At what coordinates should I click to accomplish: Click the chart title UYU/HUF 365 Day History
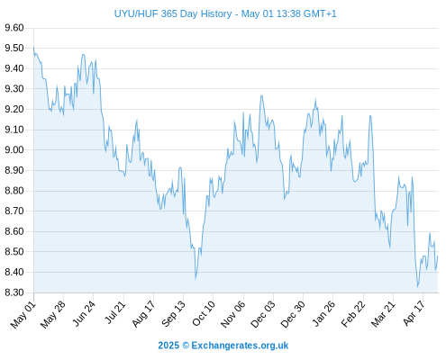point(173,13)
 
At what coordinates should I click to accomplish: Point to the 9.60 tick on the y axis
point(14,28)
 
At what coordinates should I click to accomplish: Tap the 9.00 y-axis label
point(14,150)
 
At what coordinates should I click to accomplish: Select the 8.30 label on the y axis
point(14,292)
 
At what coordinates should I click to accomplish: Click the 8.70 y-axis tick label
point(14,211)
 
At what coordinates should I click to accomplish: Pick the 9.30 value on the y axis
point(14,89)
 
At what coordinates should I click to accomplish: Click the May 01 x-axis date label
point(23,315)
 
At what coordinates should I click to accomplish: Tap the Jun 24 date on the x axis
point(84,314)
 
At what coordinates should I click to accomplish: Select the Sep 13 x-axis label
point(173,314)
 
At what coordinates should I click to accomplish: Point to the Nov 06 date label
point(232,314)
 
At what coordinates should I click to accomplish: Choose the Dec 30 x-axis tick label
point(293,314)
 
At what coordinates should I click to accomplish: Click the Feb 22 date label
point(353,314)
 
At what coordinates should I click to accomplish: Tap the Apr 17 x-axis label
point(414,313)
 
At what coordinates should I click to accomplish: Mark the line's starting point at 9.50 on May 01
point(33,48)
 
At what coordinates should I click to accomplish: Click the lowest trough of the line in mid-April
point(418,287)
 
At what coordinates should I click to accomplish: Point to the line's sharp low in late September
point(196,279)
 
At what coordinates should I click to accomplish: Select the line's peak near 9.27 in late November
point(261,95)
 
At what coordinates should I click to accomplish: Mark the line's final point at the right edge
point(438,256)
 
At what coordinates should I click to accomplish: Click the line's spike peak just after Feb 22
point(370,116)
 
